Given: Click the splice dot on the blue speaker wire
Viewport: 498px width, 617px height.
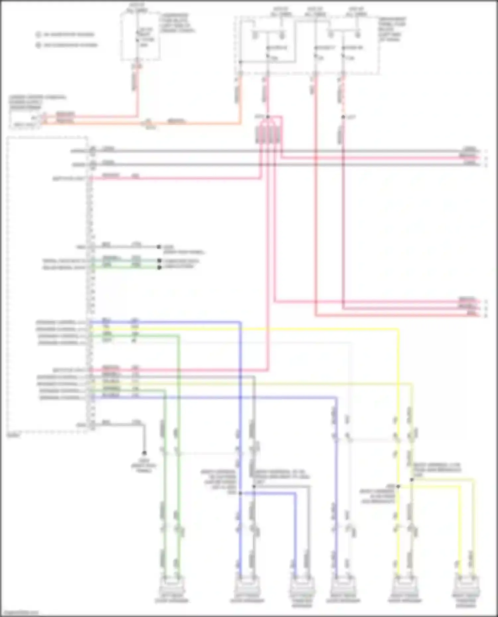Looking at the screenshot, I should [240, 493].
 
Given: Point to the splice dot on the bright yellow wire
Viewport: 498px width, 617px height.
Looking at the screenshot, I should [398, 486].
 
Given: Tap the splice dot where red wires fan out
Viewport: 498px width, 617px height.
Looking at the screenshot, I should [268, 117].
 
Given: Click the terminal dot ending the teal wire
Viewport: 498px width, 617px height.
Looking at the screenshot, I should [159, 261].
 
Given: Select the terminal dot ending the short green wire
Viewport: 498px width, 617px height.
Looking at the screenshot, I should [159, 267].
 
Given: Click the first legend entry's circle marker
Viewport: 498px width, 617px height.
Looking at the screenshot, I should [39, 34].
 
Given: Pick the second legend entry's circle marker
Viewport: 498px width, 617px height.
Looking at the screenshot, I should [39, 45].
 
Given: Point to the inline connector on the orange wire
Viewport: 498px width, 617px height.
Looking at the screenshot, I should [148, 123].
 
